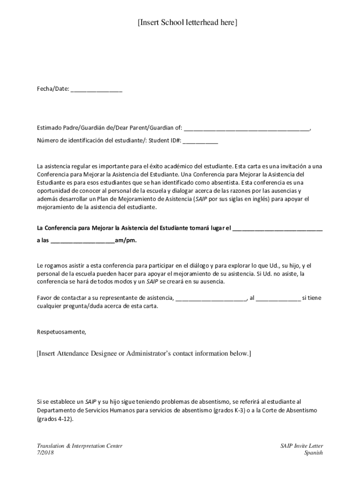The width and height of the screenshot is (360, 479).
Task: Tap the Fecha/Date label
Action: pos(53,88)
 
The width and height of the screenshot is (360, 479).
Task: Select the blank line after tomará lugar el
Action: pos(277,229)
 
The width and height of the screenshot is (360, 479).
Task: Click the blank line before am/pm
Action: pos(82,241)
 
